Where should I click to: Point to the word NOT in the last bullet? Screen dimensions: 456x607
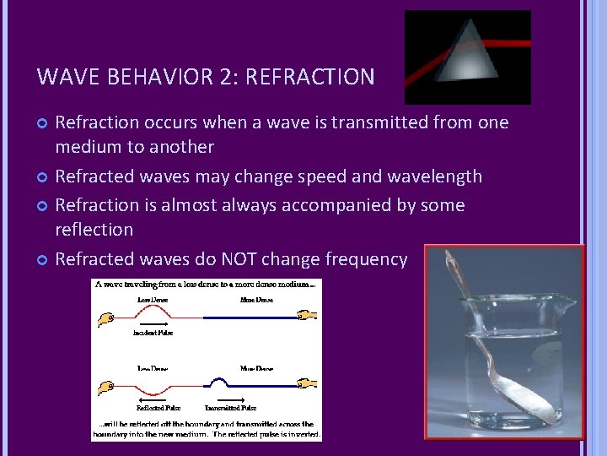pos(242,259)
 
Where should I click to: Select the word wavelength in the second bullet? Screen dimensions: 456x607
pos(433,176)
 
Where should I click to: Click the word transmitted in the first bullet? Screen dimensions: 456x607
pos(379,122)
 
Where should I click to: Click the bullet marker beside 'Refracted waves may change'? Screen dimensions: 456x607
pos(43,177)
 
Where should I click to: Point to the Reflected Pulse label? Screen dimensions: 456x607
pos(159,408)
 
